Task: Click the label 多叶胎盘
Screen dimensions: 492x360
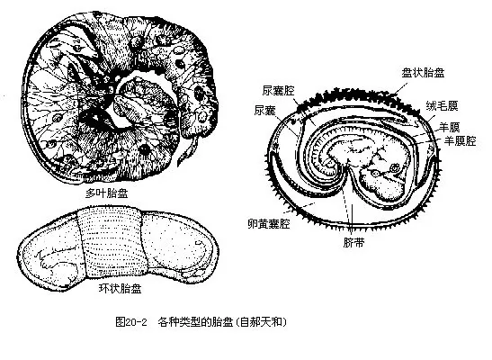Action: (106, 193)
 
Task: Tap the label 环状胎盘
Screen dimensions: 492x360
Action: (121, 288)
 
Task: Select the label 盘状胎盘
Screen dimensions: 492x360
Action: (423, 73)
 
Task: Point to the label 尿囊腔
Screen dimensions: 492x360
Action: (279, 91)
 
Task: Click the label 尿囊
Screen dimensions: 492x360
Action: (265, 110)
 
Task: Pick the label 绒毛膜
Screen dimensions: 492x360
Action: (442, 106)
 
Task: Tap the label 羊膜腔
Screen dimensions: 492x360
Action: (460, 140)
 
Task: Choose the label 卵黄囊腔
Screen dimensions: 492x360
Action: (269, 224)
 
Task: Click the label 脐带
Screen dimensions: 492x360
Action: (353, 242)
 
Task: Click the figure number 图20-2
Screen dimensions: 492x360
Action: (131, 321)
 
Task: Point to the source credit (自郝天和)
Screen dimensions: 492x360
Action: (262, 321)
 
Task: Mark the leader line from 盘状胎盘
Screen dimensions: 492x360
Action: (401, 88)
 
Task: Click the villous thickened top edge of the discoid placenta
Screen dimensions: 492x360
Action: (358, 95)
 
